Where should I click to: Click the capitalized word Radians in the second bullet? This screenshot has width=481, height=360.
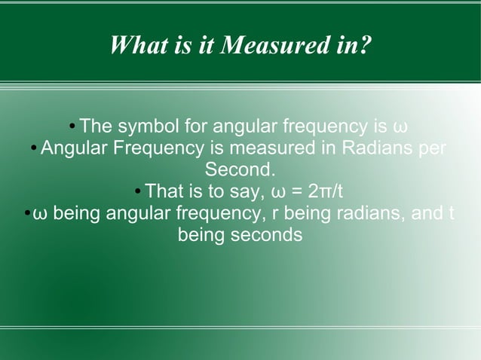pos(377,147)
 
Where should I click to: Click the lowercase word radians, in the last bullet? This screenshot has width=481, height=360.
pos(375,213)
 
